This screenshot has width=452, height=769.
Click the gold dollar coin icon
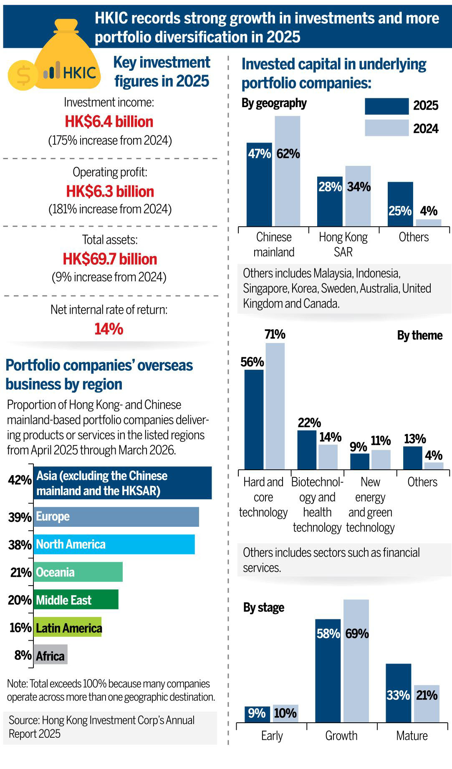tap(23, 75)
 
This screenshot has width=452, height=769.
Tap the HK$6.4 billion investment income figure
tap(109, 122)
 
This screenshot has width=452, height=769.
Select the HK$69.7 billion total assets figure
tap(110, 259)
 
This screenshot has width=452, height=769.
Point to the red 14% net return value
tap(109, 329)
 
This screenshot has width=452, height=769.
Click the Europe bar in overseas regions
tap(116, 517)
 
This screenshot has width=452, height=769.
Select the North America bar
tap(114, 544)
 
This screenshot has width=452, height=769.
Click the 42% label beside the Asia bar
tap(20, 480)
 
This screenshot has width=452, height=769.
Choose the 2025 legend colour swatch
tap(386, 106)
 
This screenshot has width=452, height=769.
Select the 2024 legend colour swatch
tap(386, 128)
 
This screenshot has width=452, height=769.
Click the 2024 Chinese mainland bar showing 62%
tap(288, 171)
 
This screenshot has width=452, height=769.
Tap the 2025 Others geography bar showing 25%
tap(400, 204)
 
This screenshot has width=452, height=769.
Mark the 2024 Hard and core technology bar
tap(275, 406)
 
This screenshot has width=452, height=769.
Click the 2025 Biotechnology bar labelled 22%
tap(307, 450)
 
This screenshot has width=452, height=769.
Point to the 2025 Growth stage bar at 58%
tap(328, 671)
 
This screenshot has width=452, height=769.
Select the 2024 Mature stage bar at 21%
tap(427, 704)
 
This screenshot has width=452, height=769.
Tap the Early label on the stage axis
tap(272, 736)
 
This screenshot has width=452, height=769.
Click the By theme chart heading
tap(419, 336)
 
